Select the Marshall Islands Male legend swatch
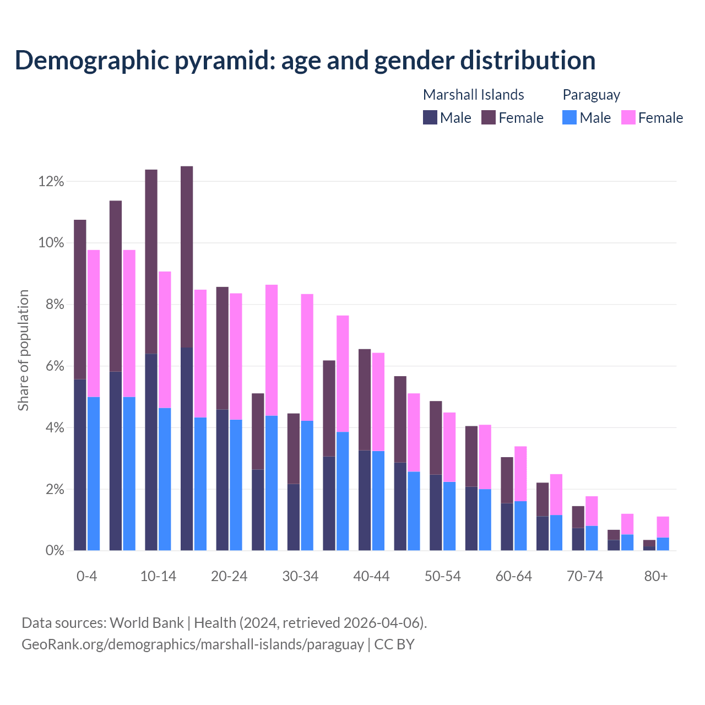click(430, 117)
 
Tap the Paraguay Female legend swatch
click(628, 117)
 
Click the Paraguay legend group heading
click(591, 95)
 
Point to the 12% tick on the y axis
click(51, 181)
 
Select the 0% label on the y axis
click(54, 551)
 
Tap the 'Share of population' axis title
click(23, 350)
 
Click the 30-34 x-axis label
click(300, 576)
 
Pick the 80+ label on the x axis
click(656, 576)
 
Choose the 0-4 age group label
click(86, 576)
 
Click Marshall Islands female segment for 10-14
click(151, 262)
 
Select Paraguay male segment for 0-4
click(94, 474)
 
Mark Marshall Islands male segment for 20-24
click(223, 480)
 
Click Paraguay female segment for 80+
click(663, 527)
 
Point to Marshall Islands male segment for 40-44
click(365, 500)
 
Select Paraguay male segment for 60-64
click(520, 525)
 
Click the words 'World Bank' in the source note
click(147, 623)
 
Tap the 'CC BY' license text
click(394, 644)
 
